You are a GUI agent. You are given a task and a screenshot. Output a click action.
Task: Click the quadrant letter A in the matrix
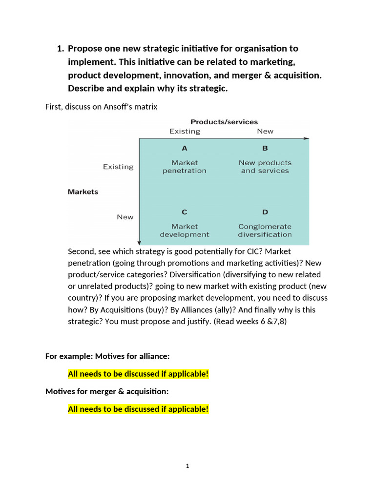point(184,148)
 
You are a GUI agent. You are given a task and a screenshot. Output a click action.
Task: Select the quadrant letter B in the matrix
point(265,148)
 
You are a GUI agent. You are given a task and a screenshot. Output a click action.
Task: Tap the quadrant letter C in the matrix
point(184,212)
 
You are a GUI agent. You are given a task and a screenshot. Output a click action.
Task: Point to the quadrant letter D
point(265,212)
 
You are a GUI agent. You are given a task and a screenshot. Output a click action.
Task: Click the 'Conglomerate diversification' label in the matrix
point(265,230)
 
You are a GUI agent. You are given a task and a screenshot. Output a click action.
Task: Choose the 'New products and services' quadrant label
point(265,167)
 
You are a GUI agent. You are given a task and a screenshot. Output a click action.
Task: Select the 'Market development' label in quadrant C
point(184,230)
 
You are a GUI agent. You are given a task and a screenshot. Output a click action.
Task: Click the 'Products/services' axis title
point(224,122)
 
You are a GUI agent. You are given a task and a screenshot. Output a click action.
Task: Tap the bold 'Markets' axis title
point(83,192)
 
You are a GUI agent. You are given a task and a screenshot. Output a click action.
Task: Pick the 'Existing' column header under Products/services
point(185,131)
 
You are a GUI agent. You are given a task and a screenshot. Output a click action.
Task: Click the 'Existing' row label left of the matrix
point(118,167)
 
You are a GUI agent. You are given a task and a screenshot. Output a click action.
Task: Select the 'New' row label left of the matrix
point(125,217)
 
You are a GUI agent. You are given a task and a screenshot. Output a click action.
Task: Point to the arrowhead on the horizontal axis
point(306,139)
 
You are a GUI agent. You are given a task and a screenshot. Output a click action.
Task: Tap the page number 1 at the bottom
point(187,466)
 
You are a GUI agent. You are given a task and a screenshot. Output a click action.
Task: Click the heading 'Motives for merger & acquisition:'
point(107,391)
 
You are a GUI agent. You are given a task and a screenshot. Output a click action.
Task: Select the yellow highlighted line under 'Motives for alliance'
point(138,374)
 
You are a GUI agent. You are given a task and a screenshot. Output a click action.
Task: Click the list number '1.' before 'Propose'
point(61,48)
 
